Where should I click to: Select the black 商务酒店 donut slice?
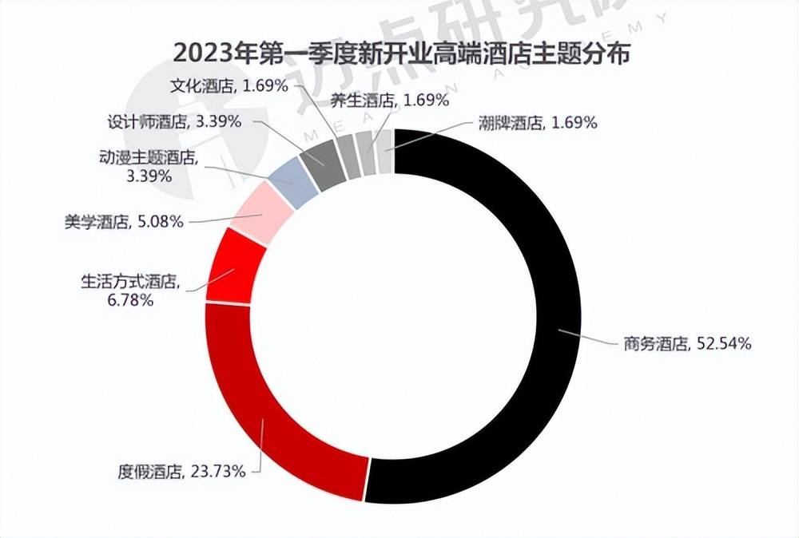coord(551,319)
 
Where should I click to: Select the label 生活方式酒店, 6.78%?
coord(129,291)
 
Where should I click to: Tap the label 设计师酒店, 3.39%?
coord(176,123)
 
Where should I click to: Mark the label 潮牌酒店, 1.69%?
coord(538,122)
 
